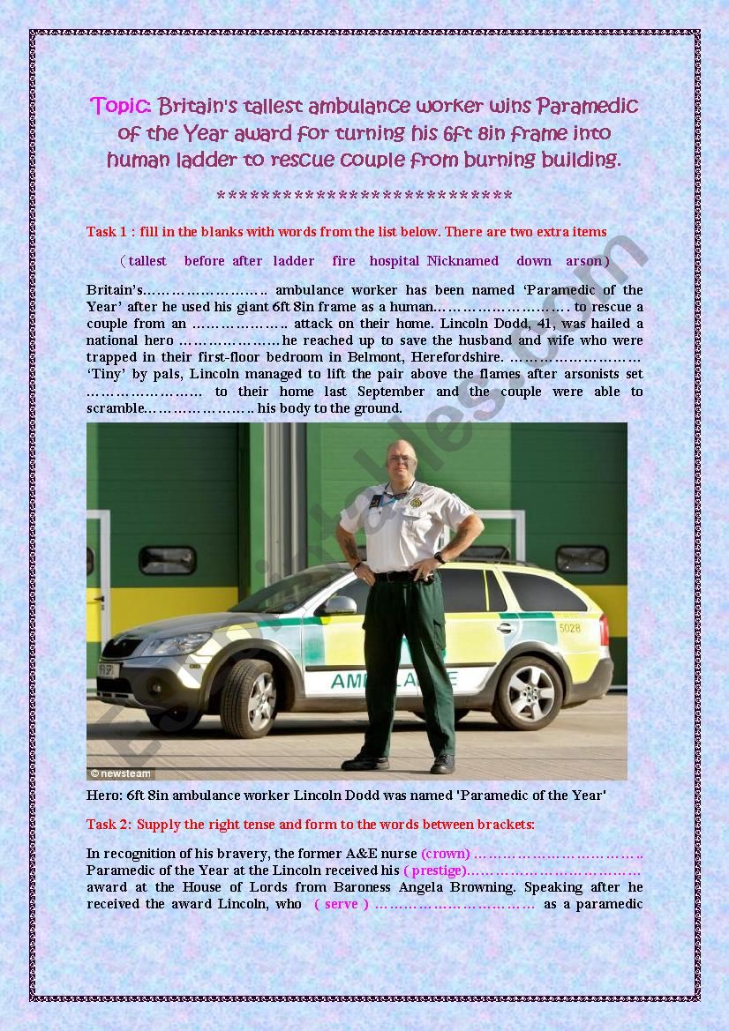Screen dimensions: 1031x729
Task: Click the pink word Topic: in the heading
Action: [x=122, y=107]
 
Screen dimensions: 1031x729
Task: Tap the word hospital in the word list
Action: [x=395, y=261]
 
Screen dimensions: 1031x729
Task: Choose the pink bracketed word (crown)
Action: [x=446, y=854]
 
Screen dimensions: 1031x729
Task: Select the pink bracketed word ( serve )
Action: [x=342, y=904]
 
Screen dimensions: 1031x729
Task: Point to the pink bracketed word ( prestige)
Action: [x=435, y=870]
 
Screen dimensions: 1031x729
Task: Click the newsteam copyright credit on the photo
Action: [x=121, y=773]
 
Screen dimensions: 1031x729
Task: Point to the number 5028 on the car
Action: [x=569, y=629]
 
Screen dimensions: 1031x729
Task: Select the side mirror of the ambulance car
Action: [x=340, y=606]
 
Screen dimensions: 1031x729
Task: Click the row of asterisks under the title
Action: [x=364, y=196]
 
